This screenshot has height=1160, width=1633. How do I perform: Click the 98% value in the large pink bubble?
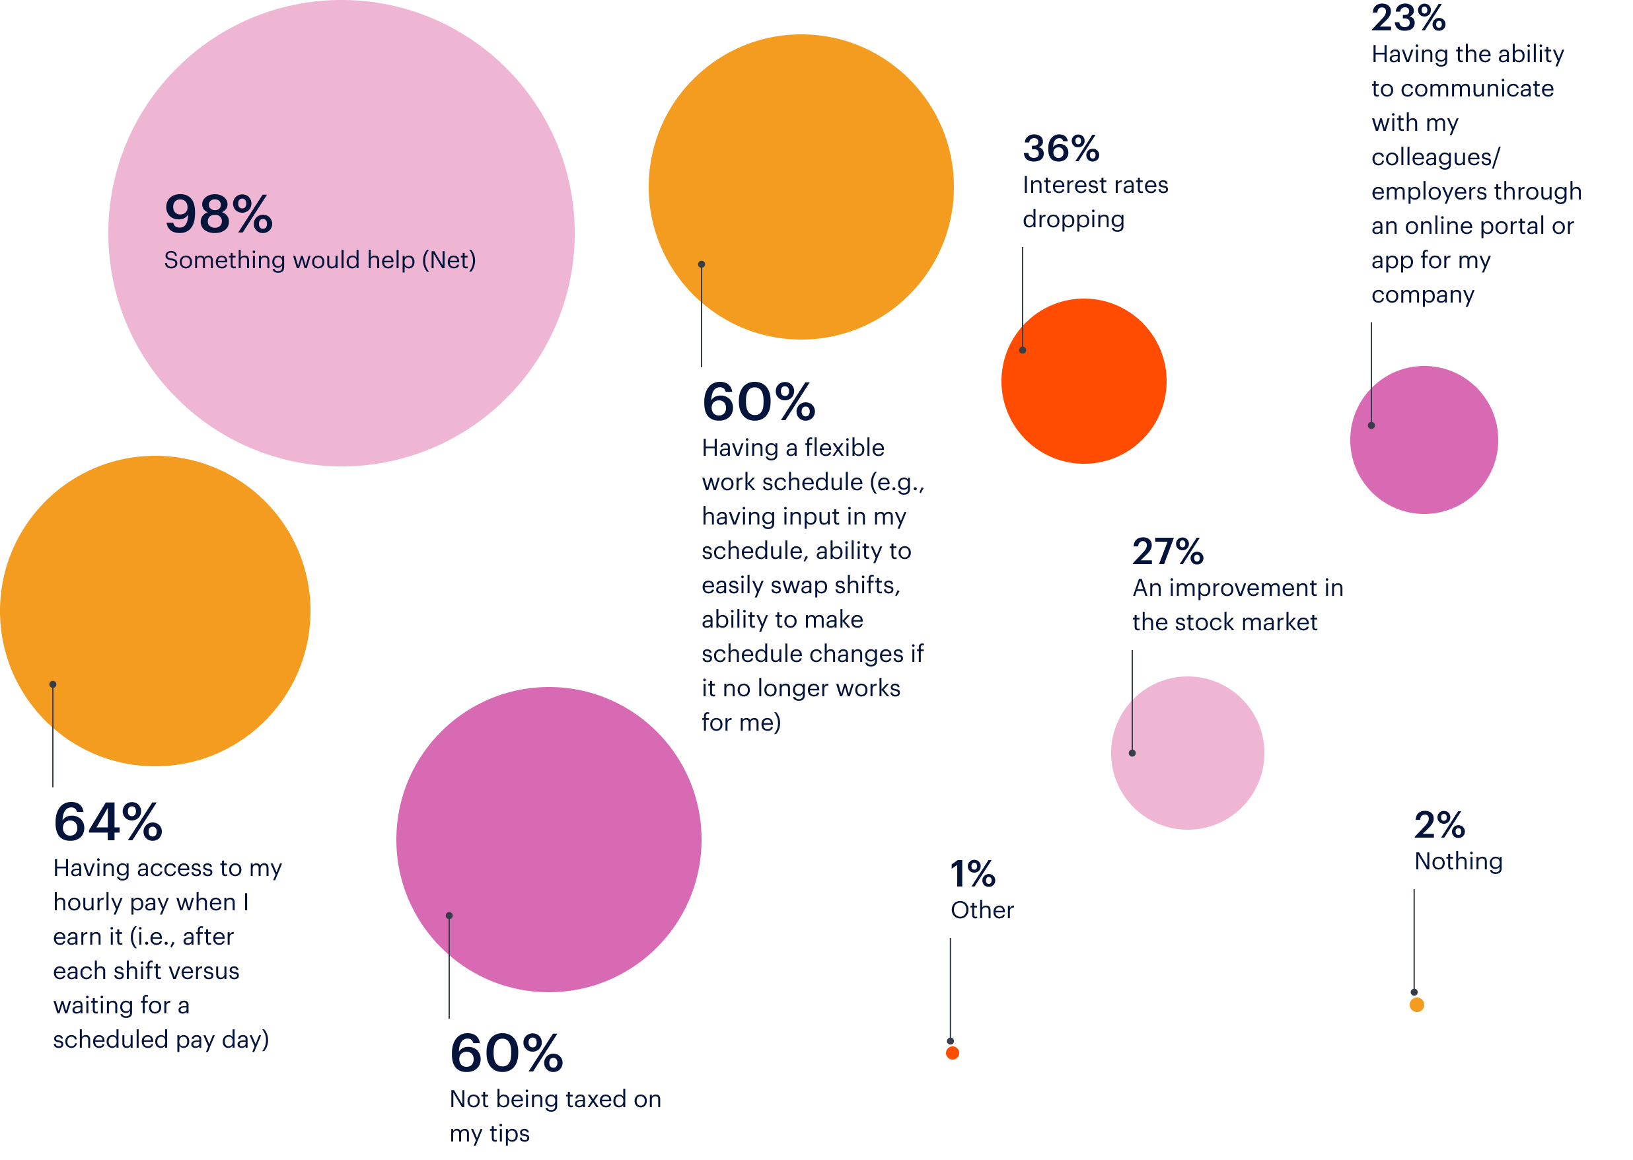(218, 213)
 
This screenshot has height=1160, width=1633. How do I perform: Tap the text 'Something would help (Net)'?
(319, 260)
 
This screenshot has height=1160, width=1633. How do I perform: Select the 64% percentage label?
(108, 822)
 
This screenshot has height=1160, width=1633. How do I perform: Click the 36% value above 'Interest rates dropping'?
(1061, 149)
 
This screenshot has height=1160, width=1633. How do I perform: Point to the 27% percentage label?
(1168, 552)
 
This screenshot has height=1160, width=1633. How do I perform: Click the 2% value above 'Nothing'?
(1439, 826)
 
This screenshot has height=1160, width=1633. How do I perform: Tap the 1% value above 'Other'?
(972, 874)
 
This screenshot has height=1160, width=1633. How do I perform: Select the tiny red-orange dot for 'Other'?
(952, 1053)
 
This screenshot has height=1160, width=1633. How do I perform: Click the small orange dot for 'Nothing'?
(1416, 1005)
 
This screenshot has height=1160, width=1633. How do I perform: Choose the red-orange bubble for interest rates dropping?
(1083, 381)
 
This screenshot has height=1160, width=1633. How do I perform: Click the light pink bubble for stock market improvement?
(1187, 753)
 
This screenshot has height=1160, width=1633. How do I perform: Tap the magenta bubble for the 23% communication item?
(1424, 440)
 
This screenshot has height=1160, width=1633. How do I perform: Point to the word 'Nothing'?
(1459, 861)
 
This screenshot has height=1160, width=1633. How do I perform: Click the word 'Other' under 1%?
(982, 910)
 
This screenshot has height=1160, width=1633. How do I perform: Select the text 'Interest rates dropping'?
(1095, 202)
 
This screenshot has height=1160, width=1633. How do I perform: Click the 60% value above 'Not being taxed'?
(507, 1054)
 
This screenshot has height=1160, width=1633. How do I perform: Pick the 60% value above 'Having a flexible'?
(758, 402)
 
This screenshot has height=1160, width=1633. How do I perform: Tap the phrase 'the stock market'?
(1224, 622)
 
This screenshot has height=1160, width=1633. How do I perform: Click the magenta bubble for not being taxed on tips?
(548, 840)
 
